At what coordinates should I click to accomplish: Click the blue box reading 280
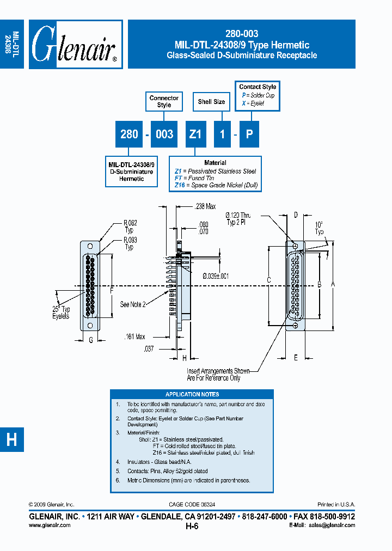pyautogui.click(x=129, y=134)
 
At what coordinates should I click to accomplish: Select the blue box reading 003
pyautogui.click(x=164, y=134)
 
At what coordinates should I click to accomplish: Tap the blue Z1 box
pyautogui.click(x=195, y=134)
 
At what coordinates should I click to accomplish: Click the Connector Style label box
pyautogui.click(x=164, y=101)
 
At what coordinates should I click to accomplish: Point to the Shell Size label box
pyautogui.click(x=211, y=102)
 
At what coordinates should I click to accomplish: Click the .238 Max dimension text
pyautogui.click(x=205, y=206)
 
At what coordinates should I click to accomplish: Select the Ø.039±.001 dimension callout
pyautogui.click(x=216, y=276)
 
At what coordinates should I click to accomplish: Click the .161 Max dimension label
pyautogui.click(x=134, y=338)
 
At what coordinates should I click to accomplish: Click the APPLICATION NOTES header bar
pyautogui.click(x=192, y=394)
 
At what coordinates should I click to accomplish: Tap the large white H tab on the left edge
pyautogui.click(x=11, y=439)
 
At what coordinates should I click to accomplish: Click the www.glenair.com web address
pyautogui.click(x=49, y=525)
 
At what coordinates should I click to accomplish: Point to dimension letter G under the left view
pyautogui.click(x=90, y=341)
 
